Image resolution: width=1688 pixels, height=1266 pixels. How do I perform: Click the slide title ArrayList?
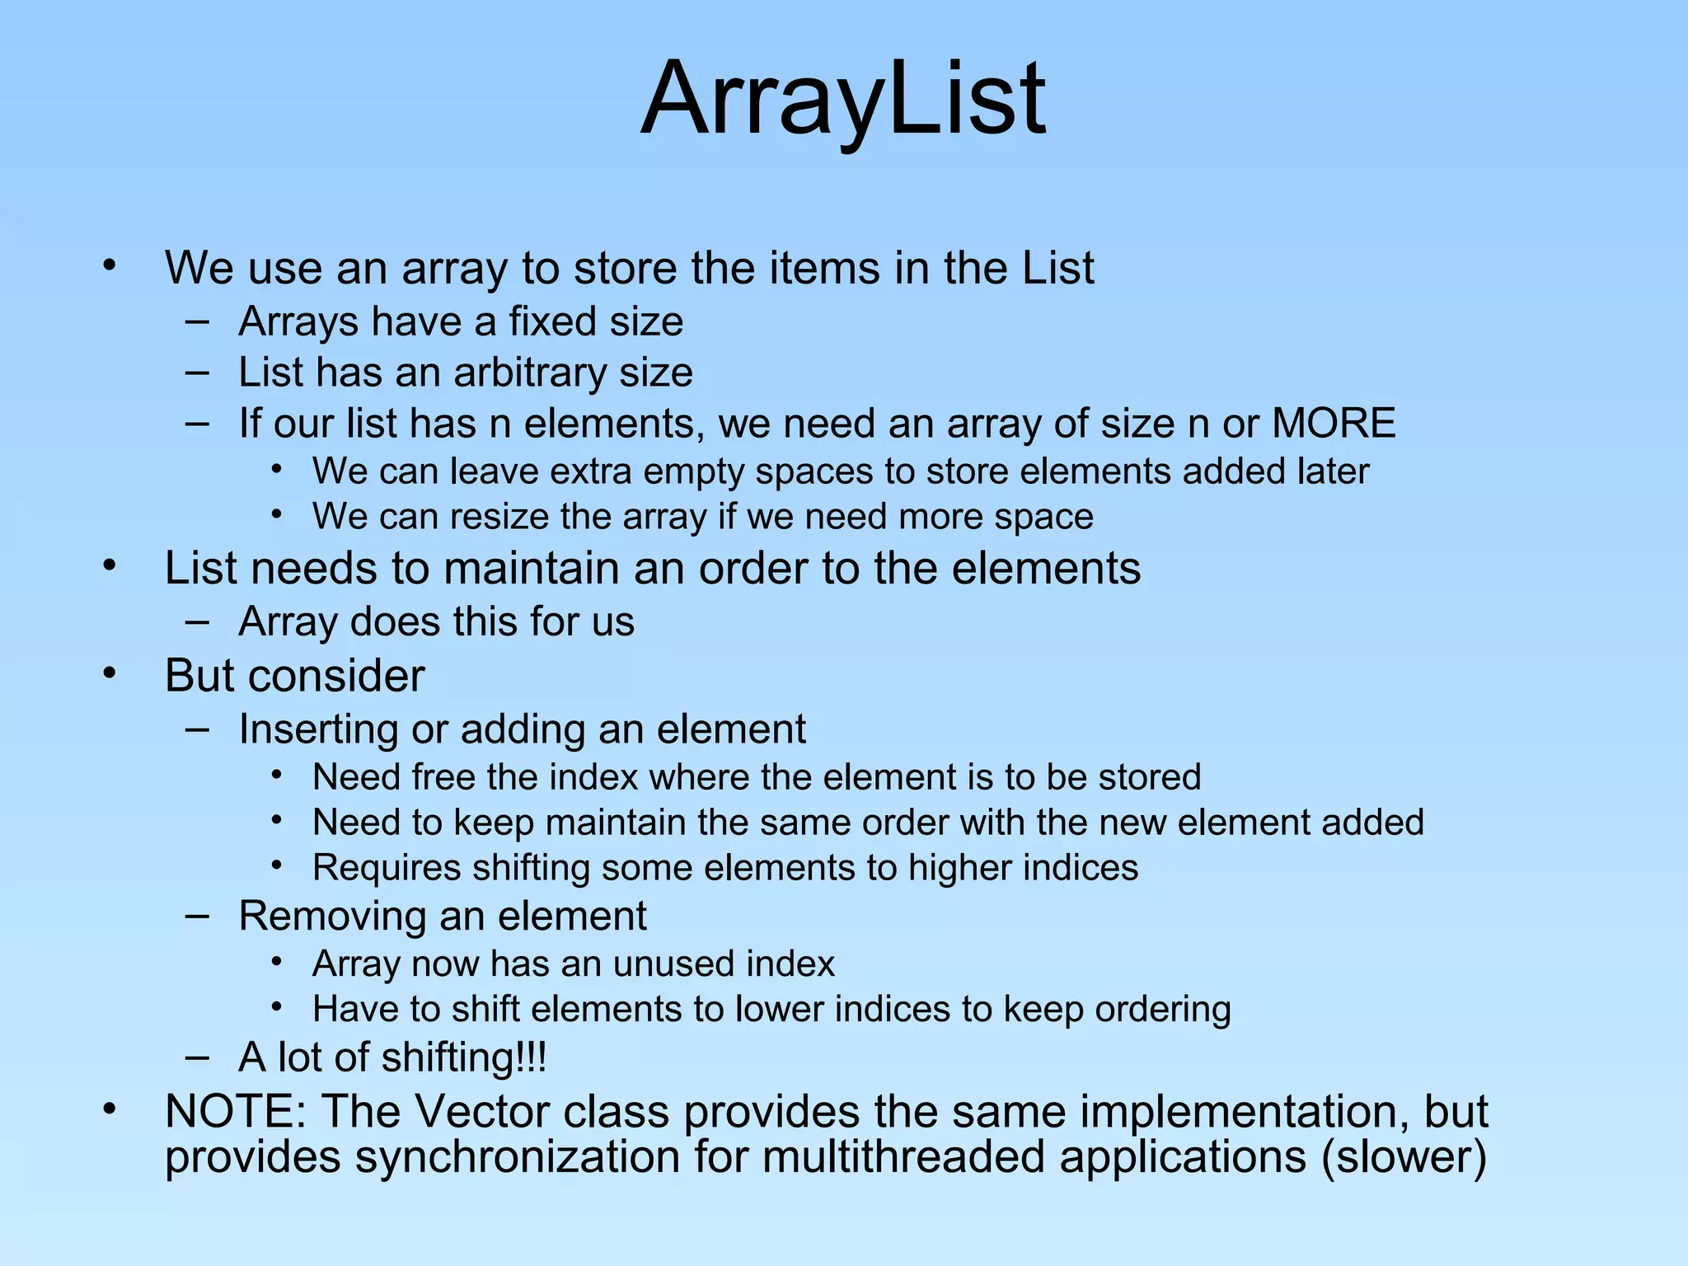click(843, 99)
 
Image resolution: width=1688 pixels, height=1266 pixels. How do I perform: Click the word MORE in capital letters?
click(1334, 423)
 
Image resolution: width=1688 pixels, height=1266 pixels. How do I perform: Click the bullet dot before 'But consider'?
click(110, 673)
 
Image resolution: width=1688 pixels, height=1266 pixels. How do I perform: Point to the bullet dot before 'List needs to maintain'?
click(110, 565)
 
